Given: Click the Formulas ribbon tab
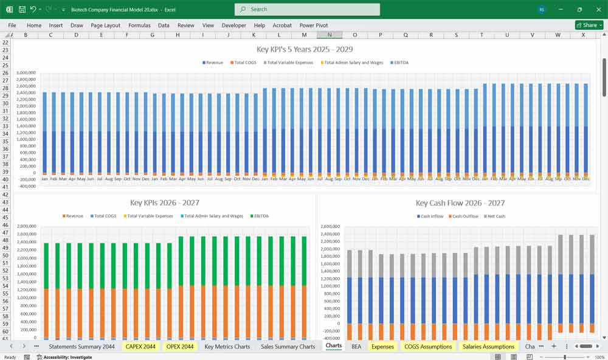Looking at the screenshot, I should click(139, 26).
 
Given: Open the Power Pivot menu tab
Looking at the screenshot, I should click(313, 26).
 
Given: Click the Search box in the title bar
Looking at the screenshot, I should click(307, 9).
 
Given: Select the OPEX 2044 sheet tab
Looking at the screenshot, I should click(179, 347).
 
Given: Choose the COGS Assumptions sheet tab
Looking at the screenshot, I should click(428, 347).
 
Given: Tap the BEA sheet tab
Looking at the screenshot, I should click(356, 347).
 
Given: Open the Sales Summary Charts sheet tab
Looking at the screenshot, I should click(288, 347).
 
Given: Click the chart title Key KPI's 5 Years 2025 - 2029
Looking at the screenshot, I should click(305, 49).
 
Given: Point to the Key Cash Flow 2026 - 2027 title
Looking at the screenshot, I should click(460, 203).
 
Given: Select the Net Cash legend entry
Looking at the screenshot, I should click(496, 216).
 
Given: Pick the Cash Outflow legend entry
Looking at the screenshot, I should click(465, 216).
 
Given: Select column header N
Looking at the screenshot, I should click(330, 35).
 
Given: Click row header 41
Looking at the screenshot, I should click(6, 187).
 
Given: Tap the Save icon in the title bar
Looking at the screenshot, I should click(22, 9).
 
